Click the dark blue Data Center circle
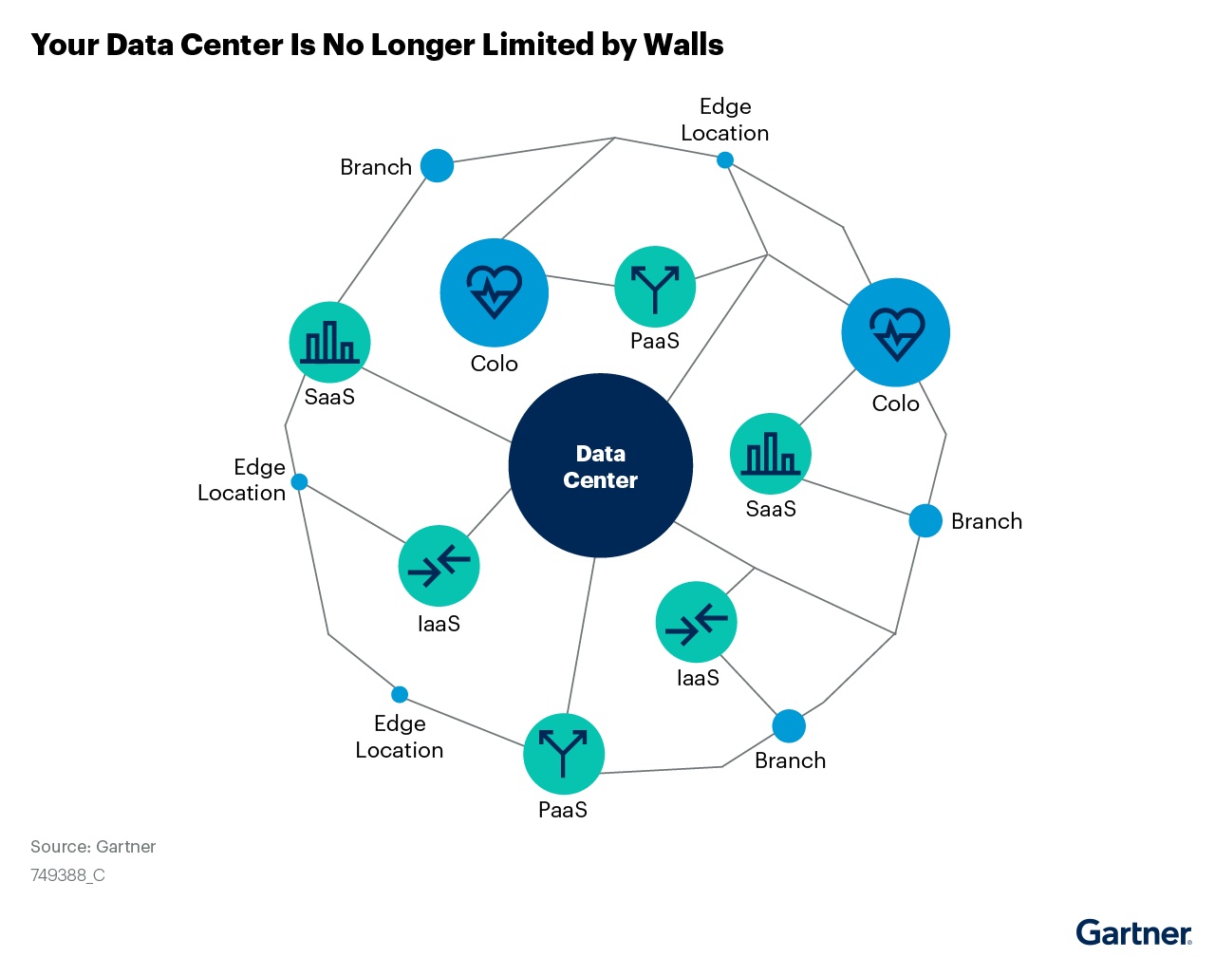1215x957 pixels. click(x=600, y=465)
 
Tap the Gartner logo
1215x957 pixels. click(x=1133, y=932)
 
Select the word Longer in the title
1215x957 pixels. click(x=415, y=45)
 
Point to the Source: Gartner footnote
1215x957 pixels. click(x=93, y=847)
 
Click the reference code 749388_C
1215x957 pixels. click(x=67, y=875)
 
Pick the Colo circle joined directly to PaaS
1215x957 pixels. click(x=494, y=292)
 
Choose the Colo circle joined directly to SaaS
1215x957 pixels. click(x=895, y=332)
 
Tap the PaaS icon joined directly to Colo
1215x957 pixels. click(x=655, y=286)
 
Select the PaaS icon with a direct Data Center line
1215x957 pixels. click(x=564, y=754)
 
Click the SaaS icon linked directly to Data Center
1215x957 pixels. click(x=329, y=343)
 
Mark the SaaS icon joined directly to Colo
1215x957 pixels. click(x=770, y=454)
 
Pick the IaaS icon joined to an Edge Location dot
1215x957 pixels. click(x=439, y=566)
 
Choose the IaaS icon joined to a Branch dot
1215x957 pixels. click(x=696, y=622)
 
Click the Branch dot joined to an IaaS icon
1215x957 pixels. click(x=788, y=726)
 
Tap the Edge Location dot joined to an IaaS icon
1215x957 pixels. click(x=299, y=482)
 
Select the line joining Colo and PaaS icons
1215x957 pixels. click(x=581, y=280)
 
